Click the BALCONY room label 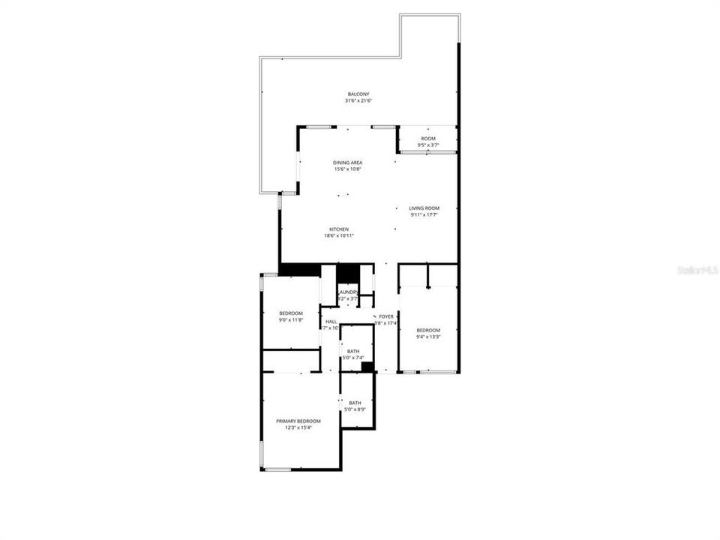tap(358, 94)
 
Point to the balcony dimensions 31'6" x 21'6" tap(358, 100)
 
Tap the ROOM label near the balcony tap(427, 139)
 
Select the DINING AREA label tap(348, 163)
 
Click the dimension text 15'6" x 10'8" tap(348, 169)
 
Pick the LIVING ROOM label tap(424, 208)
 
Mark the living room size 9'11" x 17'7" tap(424, 215)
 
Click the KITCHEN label tap(338, 229)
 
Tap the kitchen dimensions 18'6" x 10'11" tap(338, 235)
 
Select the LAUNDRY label tap(348, 292)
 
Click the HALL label tap(331, 321)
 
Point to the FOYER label tap(386, 316)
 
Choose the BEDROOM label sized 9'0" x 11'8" tap(290, 313)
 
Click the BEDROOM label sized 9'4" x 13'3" tap(428, 330)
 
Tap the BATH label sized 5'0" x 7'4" tap(352, 351)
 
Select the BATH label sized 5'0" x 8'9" tap(355, 403)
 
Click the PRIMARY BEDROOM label tap(298, 421)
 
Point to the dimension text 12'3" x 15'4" tap(298, 427)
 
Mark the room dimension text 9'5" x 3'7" tap(427, 145)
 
